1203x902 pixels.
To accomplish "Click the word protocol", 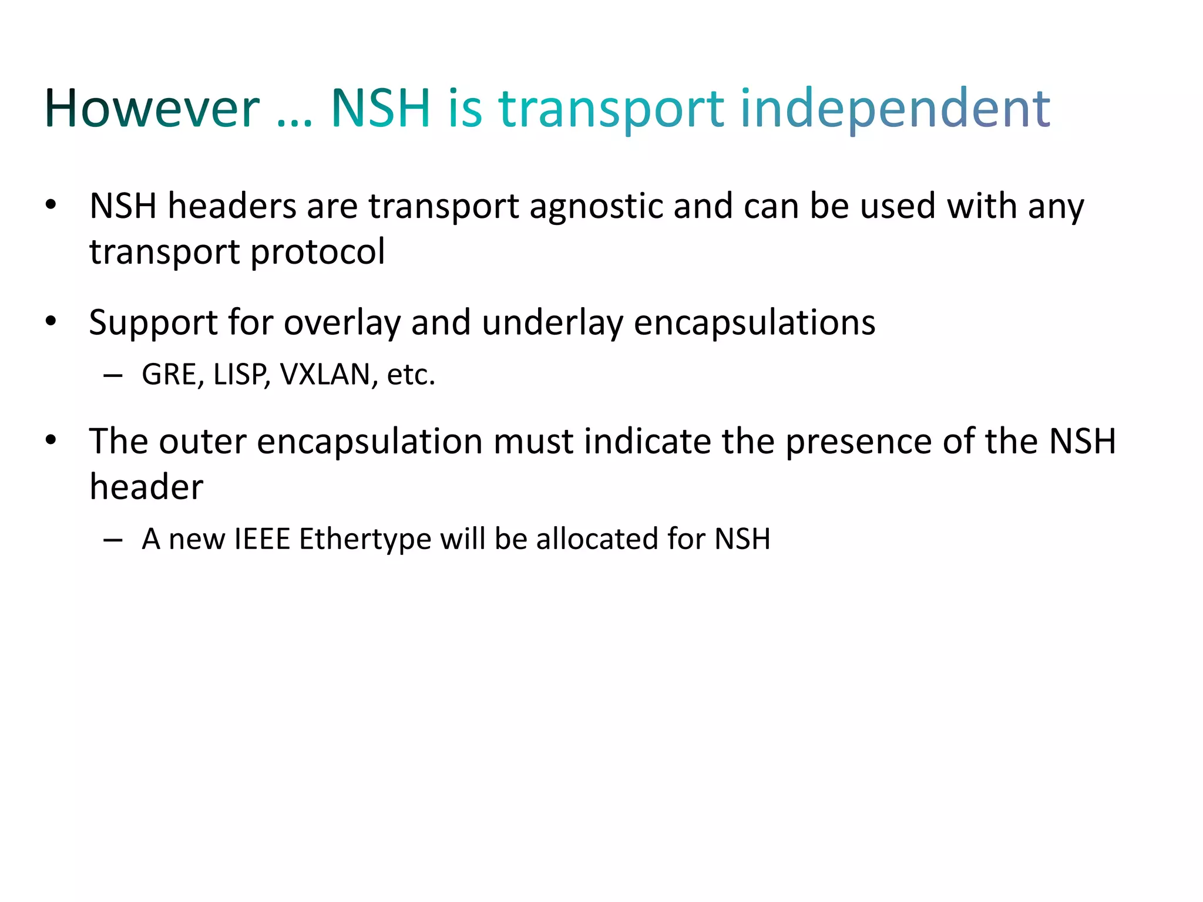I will coord(317,253).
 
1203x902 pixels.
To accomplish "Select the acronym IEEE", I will coord(262,539).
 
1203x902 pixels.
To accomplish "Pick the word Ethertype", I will coord(365,539).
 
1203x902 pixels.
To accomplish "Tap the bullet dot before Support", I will coord(51,322).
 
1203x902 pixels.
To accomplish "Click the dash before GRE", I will coord(113,376).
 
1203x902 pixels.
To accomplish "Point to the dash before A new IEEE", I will coord(113,540).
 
